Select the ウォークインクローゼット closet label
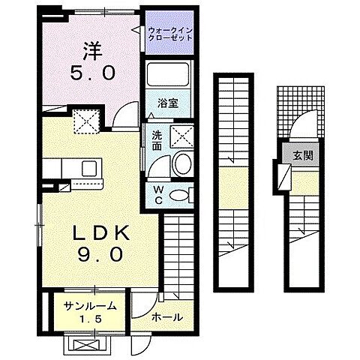click(171, 33)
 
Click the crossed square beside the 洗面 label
click(182, 136)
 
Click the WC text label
click(157, 194)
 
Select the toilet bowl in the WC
click(179, 195)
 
